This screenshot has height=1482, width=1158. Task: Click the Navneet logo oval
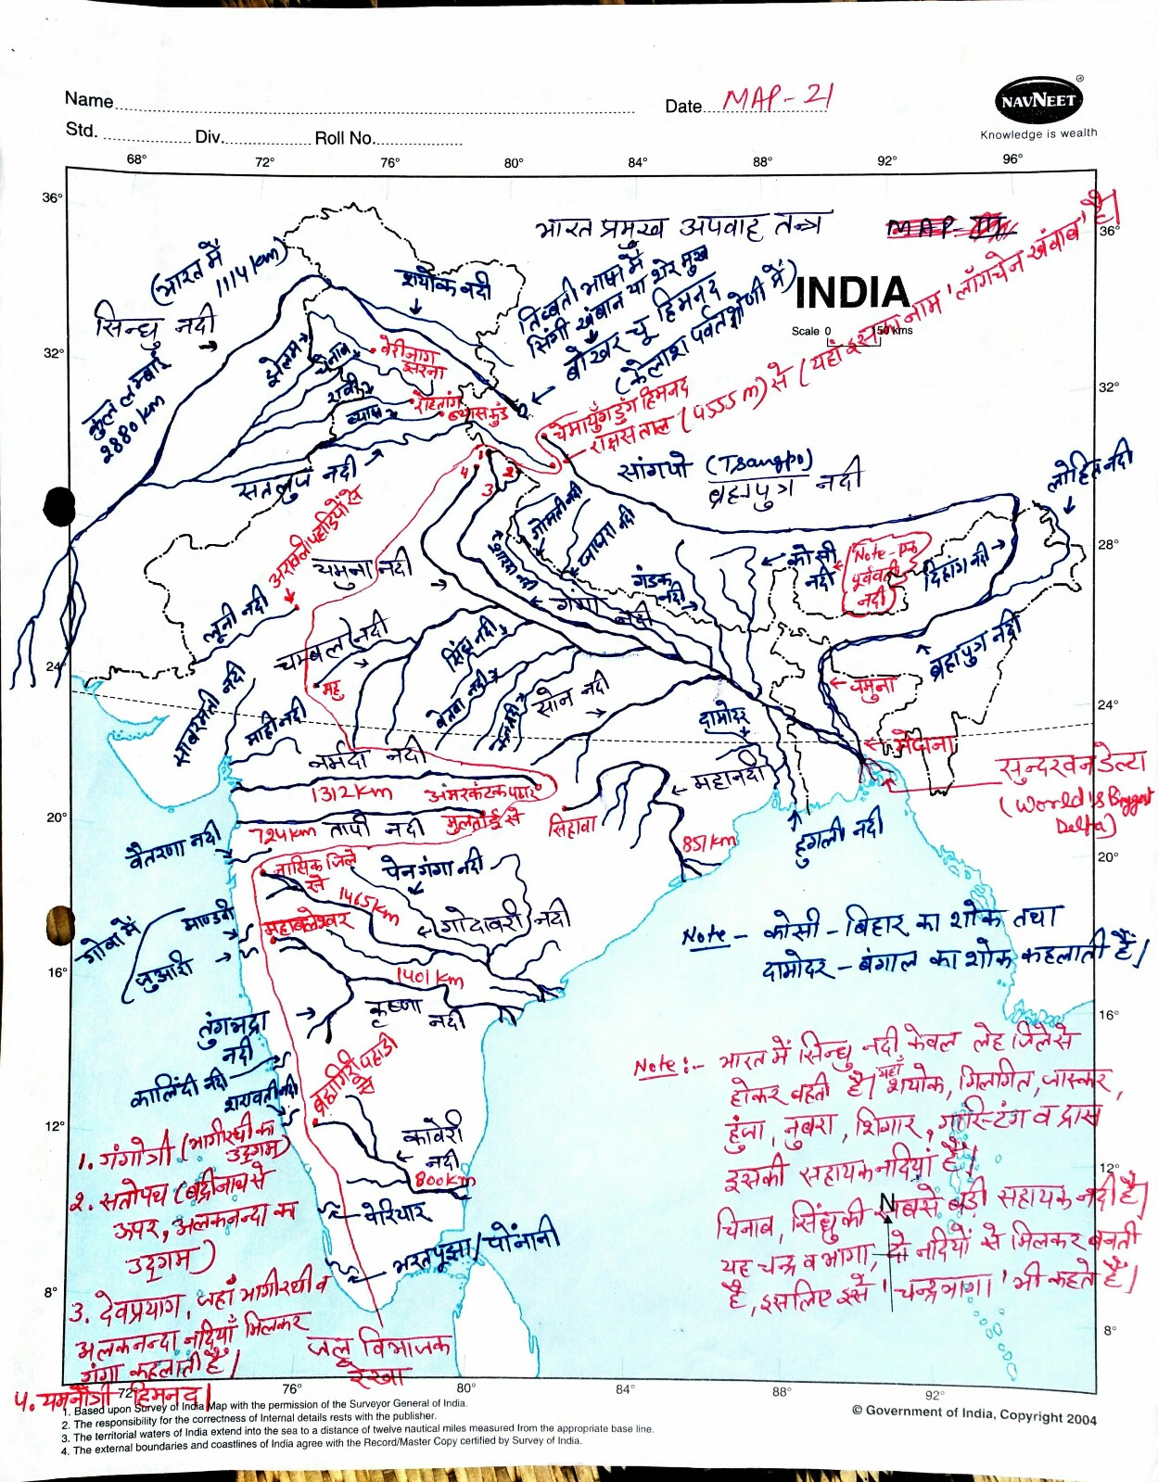pyautogui.click(x=1039, y=100)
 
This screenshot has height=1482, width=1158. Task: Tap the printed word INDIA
pyautogui.click(x=852, y=293)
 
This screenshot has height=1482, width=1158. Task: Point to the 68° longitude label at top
pyautogui.click(x=136, y=159)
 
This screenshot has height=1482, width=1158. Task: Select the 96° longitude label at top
pyautogui.click(x=1012, y=158)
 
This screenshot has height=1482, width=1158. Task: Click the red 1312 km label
pyautogui.click(x=351, y=792)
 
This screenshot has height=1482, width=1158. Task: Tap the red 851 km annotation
pyautogui.click(x=708, y=842)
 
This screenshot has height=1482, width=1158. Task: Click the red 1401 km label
pyautogui.click(x=429, y=977)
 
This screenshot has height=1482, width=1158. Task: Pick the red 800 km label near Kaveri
pyautogui.click(x=444, y=1180)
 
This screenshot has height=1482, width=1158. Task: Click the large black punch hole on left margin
pyautogui.click(x=59, y=506)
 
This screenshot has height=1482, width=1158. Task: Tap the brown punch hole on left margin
pyautogui.click(x=60, y=924)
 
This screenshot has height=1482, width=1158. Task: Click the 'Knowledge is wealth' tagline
pyautogui.click(x=1038, y=133)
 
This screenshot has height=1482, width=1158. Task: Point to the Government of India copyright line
pyautogui.click(x=973, y=1414)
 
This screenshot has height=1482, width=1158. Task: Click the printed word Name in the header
pyautogui.click(x=89, y=100)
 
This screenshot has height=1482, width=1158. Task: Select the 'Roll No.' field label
pyautogui.click(x=344, y=138)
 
